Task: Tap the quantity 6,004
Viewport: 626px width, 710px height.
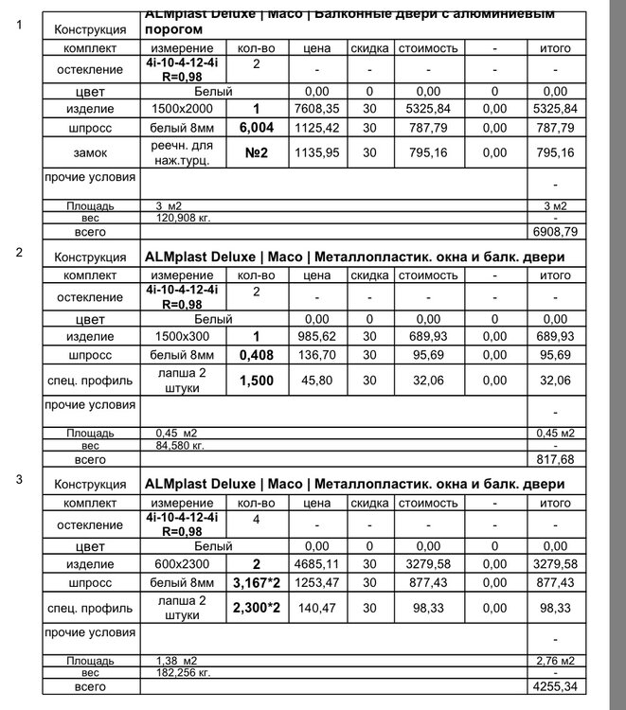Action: coord(257,129)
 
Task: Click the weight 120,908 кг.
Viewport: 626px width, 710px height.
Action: coord(181,218)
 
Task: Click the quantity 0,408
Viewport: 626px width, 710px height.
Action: coord(257,356)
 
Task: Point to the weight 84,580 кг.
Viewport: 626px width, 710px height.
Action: coord(181,445)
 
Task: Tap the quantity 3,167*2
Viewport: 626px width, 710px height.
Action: coord(257,583)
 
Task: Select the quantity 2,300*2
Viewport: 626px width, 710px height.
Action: coord(257,607)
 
